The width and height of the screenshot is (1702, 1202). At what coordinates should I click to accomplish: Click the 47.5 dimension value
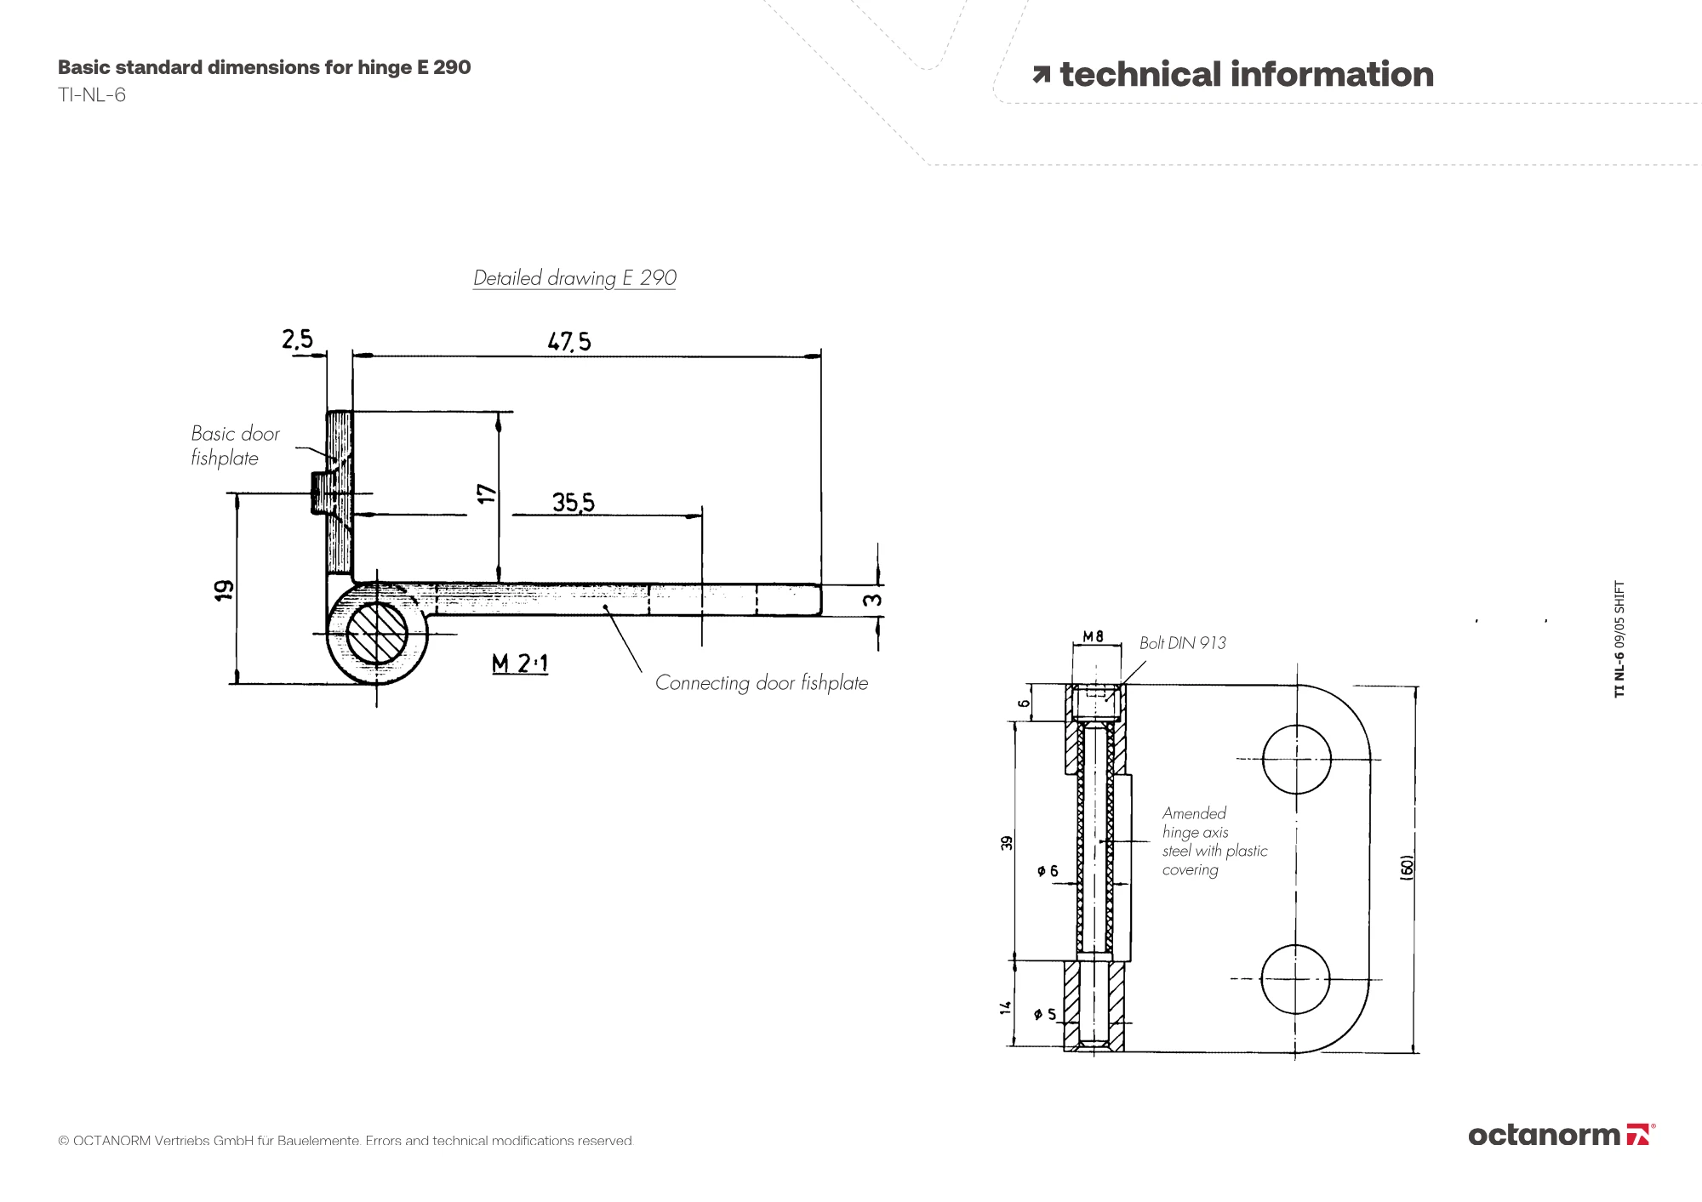click(569, 341)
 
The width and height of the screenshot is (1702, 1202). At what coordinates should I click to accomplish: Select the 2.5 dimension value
click(298, 339)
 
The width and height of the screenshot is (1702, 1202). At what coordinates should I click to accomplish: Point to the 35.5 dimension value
click(574, 502)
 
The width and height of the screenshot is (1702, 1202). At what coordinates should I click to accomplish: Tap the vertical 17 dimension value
click(487, 493)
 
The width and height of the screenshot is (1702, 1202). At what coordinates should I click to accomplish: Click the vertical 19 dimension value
click(224, 590)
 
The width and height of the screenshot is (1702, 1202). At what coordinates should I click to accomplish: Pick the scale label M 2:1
click(520, 663)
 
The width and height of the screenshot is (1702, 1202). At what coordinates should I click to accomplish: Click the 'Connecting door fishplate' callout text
click(762, 683)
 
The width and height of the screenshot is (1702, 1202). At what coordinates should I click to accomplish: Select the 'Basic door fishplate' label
click(236, 446)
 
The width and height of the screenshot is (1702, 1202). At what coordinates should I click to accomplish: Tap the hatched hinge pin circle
click(377, 633)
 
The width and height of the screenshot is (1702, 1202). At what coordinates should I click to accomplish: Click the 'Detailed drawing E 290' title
click(574, 278)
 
